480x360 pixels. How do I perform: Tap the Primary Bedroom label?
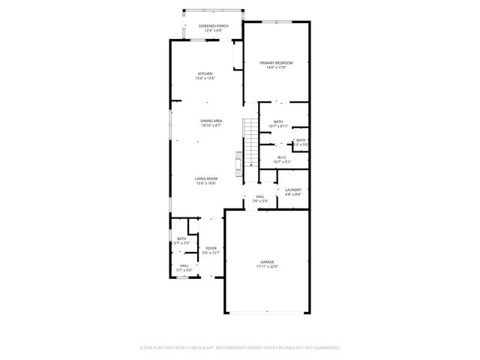tap(276, 63)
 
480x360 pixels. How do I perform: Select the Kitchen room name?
tap(205, 73)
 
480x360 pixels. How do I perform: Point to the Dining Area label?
tap(211, 121)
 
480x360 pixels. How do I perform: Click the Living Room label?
tap(206, 178)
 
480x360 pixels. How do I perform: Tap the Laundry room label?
tap(292, 190)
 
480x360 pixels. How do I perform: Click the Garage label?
tap(268, 262)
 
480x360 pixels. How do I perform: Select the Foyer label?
tap(211, 248)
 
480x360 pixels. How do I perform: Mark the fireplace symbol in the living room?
tap(240, 161)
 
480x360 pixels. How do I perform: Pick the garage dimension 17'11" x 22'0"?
tap(268, 266)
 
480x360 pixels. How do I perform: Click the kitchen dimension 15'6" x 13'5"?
tap(205, 78)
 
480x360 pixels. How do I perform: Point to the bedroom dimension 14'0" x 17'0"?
tap(276, 67)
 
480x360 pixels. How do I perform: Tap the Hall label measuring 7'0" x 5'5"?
tap(259, 196)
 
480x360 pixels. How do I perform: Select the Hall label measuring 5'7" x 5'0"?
tap(184, 265)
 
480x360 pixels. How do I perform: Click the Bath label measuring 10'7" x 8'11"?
tap(278, 121)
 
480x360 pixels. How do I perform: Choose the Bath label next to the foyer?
tap(181, 238)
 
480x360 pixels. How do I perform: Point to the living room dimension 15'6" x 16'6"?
tap(206, 183)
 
